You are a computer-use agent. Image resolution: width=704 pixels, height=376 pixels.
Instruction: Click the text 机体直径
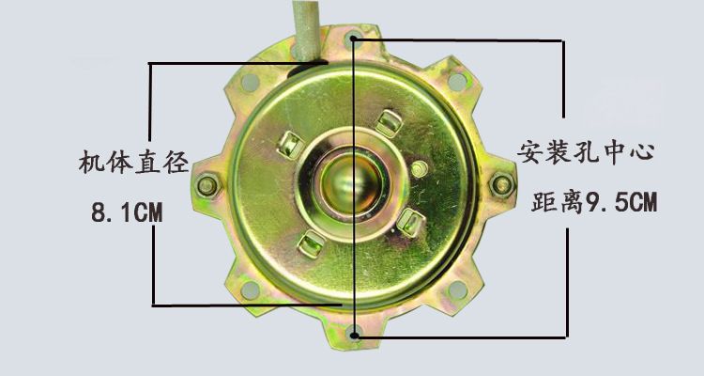click(x=133, y=162)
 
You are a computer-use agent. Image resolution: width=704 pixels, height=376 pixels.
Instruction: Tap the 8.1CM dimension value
click(x=127, y=212)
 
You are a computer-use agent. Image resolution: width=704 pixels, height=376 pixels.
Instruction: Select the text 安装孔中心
click(x=586, y=152)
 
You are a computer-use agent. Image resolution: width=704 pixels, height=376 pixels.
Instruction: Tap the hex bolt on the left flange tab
click(x=207, y=185)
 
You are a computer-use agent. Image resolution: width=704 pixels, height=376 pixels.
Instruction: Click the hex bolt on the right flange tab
click(x=501, y=184)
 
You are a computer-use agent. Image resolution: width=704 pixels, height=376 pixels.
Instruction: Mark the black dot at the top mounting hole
click(x=353, y=39)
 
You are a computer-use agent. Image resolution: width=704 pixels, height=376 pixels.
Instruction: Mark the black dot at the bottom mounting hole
click(x=354, y=335)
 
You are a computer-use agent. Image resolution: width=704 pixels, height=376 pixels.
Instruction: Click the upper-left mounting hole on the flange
click(x=250, y=83)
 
